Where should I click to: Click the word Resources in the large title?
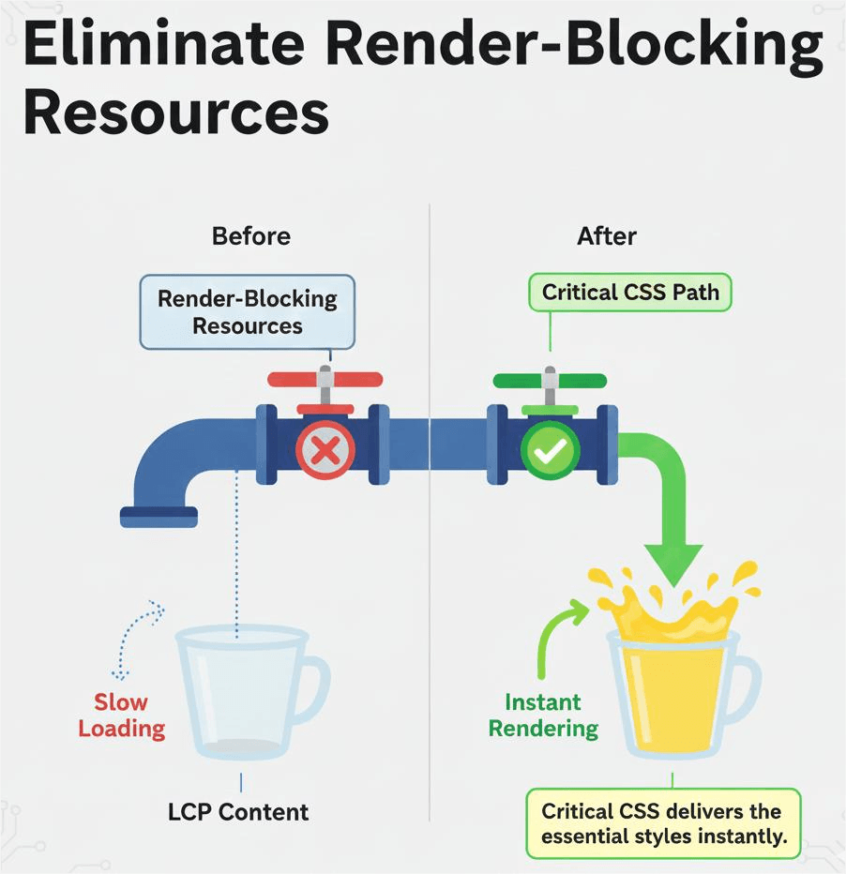point(175,114)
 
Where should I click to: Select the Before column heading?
point(250,235)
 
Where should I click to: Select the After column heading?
point(607,235)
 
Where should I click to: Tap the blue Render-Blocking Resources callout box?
point(247,312)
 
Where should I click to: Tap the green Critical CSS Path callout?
point(630,293)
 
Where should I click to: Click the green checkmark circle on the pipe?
point(550,452)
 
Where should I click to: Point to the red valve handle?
point(325,380)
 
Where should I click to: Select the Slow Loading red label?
point(121,715)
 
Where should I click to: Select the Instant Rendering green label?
point(543,715)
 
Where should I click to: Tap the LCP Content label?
point(238,811)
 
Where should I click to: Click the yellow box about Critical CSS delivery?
point(663,822)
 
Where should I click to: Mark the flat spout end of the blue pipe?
point(159,516)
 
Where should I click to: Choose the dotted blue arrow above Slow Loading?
point(136,633)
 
